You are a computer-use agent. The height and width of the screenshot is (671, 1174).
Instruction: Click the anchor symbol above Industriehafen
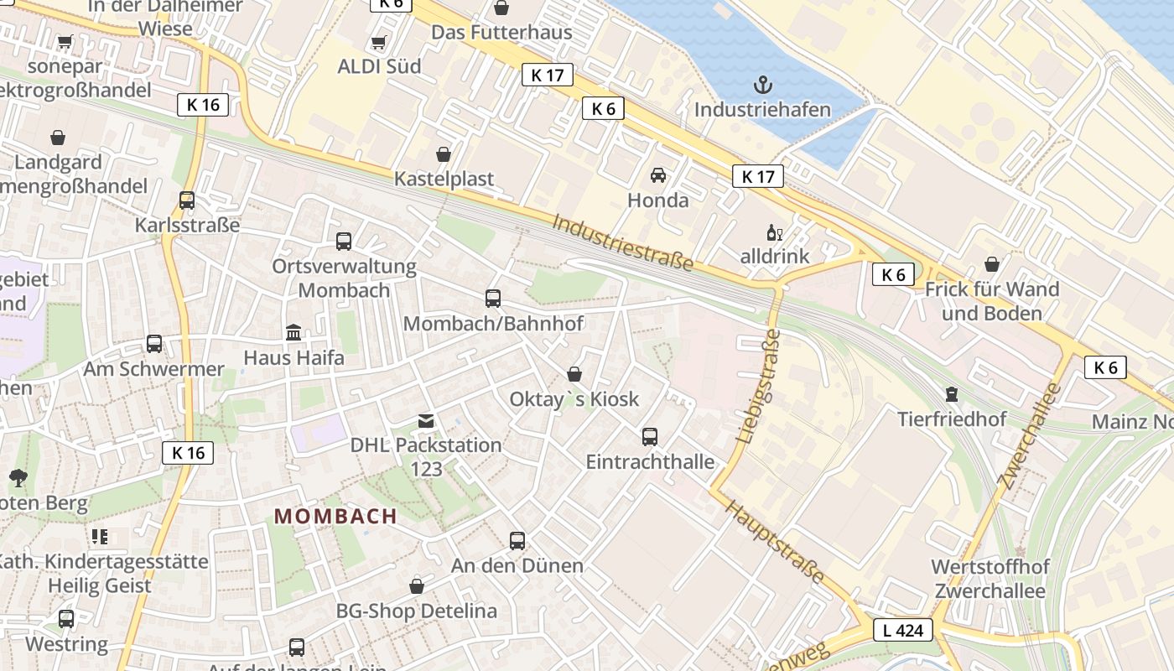point(763,84)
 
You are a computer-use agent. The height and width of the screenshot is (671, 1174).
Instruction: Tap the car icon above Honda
point(658,174)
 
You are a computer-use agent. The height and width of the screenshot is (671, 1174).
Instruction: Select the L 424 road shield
point(903,630)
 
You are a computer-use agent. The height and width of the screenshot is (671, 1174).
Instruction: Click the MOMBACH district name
point(335,517)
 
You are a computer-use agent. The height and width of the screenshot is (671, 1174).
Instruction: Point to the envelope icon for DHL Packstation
point(426,420)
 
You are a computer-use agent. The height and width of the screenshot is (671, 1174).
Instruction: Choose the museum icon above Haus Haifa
point(293,332)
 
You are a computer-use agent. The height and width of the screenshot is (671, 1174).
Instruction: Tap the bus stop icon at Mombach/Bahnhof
point(493,298)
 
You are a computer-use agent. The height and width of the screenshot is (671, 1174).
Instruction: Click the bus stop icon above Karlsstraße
point(187,200)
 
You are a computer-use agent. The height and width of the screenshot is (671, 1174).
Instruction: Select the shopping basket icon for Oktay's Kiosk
point(574,373)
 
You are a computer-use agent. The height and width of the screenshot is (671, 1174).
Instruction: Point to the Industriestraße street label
point(622,243)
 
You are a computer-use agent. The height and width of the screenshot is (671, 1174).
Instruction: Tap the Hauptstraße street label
point(775,543)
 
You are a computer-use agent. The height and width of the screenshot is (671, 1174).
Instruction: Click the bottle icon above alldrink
point(774,232)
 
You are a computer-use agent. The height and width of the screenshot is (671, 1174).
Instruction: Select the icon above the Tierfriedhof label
point(951,393)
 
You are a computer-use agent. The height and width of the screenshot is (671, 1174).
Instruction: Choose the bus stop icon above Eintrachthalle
point(650,436)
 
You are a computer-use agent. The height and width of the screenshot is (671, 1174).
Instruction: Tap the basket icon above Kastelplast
point(444,154)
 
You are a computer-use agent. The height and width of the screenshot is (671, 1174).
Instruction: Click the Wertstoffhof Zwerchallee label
point(990,579)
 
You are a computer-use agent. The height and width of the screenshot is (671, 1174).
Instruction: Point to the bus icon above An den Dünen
point(517,541)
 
